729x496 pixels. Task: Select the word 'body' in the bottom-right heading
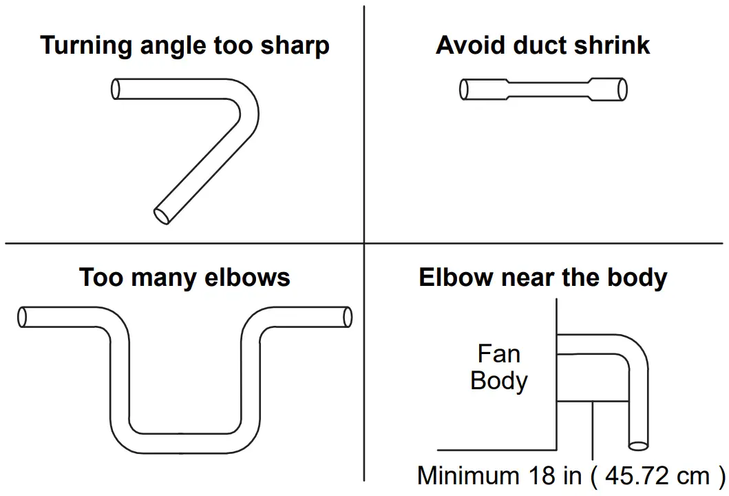[x=636, y=278]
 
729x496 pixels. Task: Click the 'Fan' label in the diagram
[x=498, y=354]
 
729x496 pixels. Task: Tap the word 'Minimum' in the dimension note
[x=468, y=476]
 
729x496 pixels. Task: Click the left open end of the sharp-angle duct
[x=116, y=88]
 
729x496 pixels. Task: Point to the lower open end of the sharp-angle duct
[x=162, y=215]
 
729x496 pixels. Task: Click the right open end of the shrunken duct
[x=622, y=90]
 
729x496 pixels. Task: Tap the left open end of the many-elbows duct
[x=23, y=317]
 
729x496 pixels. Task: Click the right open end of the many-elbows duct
[x=347, y=317]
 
